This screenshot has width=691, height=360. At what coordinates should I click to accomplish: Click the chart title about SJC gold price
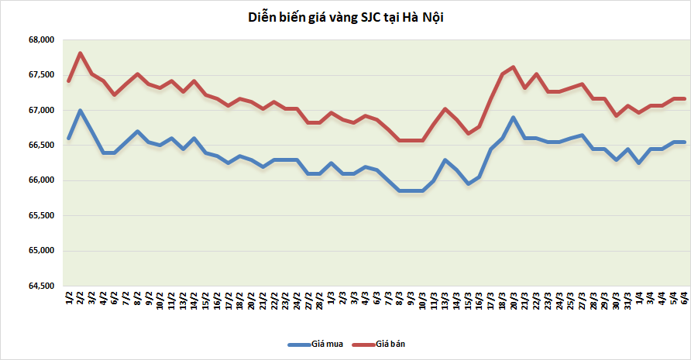click(345, 17)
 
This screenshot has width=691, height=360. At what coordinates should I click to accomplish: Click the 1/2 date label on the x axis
click(70, 298)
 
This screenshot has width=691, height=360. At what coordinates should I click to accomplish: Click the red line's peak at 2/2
click(81, 53)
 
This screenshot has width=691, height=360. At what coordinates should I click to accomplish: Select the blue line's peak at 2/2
click(81, 110)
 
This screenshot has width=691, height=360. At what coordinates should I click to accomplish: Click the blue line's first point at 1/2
click(70, 139)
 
